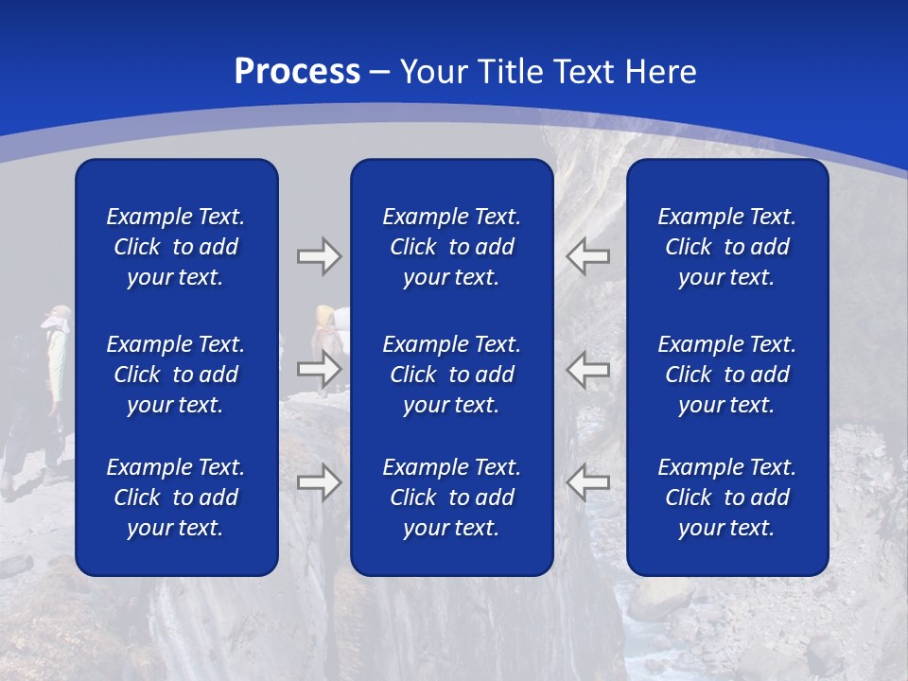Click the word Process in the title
297,72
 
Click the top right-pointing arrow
319,256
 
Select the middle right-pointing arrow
319,369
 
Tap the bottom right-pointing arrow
319,482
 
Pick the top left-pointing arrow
587,256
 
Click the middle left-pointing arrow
587,369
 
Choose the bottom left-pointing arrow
587,482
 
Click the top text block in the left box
176,247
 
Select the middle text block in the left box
176,375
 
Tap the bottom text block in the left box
176,498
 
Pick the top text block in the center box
451,247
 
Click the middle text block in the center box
451,375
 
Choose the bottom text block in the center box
451,498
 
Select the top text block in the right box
726,247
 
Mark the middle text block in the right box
726,375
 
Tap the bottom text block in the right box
726,498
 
